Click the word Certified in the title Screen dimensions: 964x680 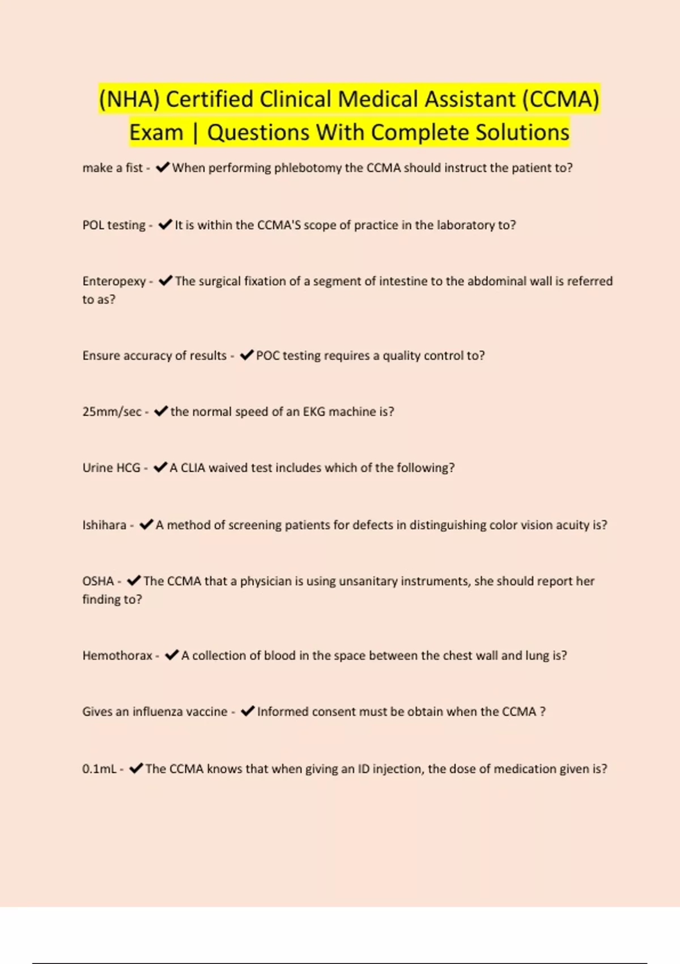[x=209, y=99]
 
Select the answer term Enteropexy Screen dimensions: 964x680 [x=114, y=281]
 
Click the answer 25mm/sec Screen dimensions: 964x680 [x=112, y=412]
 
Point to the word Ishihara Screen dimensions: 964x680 [x=104, y=525]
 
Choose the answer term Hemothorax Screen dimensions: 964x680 [x=117, y=656]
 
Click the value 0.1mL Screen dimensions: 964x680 [x=99, y=769]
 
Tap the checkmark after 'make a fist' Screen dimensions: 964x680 [x=163, y=167]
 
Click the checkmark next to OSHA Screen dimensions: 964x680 [x=134, y=581]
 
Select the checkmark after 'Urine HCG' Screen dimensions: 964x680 [x=160, y=467]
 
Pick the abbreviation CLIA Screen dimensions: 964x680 [x=193, y=468]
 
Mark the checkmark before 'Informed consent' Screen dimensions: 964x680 [x=248, y=711]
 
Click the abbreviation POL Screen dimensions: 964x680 [x=93, y=225]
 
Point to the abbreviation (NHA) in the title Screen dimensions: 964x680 [x=129, y=99]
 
